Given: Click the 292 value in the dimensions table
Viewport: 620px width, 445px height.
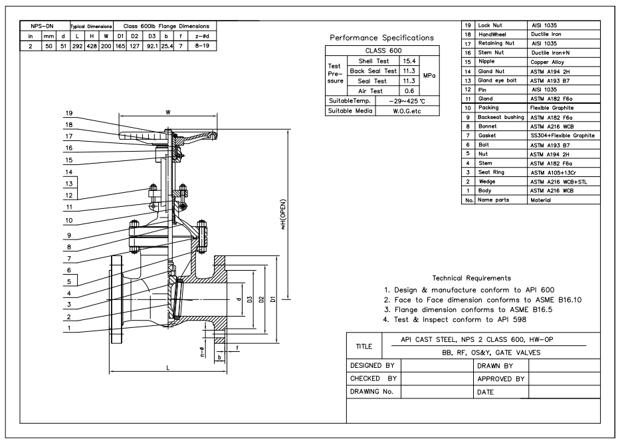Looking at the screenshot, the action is coord(77,46).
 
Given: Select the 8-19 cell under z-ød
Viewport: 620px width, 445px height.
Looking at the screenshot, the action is coord(202,46).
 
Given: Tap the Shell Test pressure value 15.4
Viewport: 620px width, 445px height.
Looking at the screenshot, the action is coord(409,61).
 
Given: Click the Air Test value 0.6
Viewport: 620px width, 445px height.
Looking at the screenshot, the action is coord(409,91).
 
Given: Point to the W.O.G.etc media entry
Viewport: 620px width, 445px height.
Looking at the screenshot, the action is coord(407,111).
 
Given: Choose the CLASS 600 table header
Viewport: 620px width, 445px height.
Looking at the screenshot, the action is coord(383,51).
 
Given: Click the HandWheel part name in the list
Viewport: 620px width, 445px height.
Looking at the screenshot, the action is coord(492,35).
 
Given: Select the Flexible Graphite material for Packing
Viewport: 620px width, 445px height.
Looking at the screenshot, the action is coord(552,108).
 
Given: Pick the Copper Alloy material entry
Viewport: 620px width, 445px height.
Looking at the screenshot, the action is coord(548,62).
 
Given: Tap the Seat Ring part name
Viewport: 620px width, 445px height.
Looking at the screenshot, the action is coord(491,172).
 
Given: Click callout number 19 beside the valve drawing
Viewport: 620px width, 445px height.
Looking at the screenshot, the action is coord(69,113).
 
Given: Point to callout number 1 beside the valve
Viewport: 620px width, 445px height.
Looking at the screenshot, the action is coord(69,328).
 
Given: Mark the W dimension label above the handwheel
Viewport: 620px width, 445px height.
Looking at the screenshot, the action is coord(168,112).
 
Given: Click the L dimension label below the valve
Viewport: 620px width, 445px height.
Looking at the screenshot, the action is coord(167,368).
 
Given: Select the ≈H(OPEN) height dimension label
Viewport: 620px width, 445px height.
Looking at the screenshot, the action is coord(282,214).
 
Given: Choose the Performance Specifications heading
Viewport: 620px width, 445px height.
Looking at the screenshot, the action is coord(381,38).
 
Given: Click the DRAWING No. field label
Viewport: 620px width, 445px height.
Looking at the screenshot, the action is coord(371,392).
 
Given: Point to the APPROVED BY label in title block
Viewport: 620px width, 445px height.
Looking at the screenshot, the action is coord(501,379).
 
